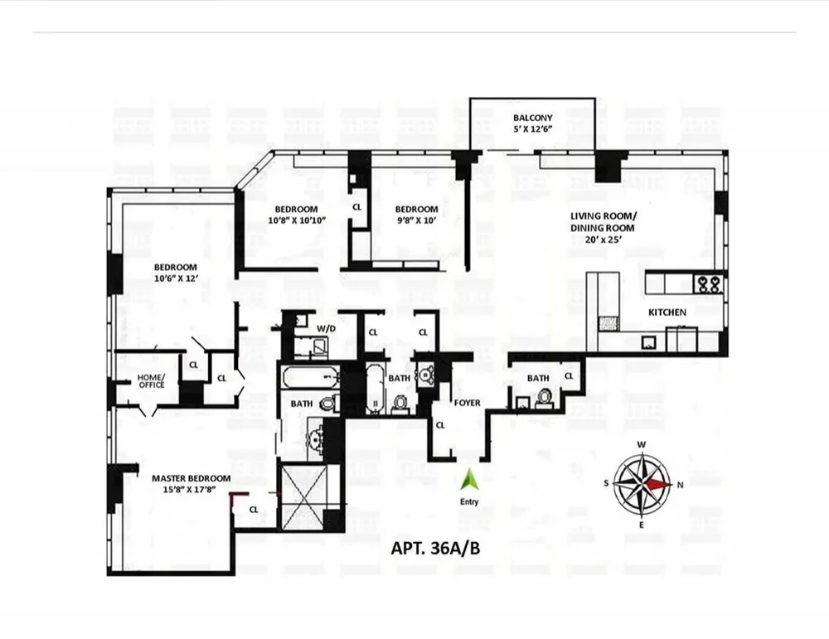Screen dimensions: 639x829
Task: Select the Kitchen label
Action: click(667, 312)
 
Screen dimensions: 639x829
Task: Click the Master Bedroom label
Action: click(191, 478)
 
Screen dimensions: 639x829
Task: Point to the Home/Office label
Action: click(151, 380)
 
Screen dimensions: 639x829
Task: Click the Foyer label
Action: click(467, 403)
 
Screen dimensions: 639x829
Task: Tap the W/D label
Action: click(326, 329)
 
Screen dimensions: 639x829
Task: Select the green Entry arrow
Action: click(469, 479)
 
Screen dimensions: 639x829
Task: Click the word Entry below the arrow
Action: click(469, 501)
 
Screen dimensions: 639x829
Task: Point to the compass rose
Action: click(643, 483)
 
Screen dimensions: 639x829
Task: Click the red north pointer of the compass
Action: click(661, 483)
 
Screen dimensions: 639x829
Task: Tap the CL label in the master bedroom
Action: click(253, 510)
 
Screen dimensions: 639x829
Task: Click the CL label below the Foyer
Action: click(440, 425)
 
